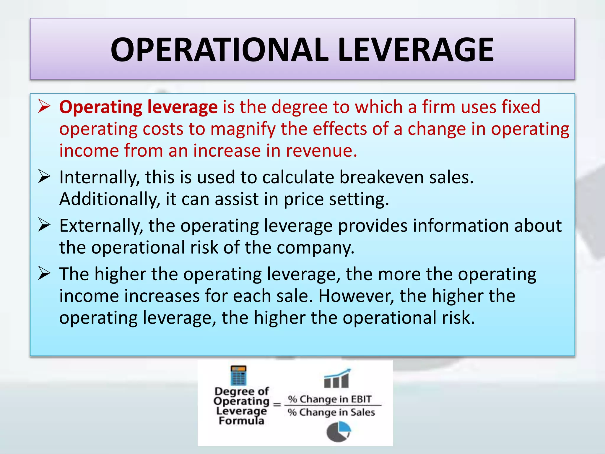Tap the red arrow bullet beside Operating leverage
44,107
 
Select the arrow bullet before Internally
44,177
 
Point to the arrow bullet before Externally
44,226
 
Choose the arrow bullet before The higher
44,274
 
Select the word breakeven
381,177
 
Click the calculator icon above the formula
238,375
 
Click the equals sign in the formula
277,404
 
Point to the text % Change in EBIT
330,399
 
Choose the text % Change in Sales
331,412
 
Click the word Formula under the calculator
241,421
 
